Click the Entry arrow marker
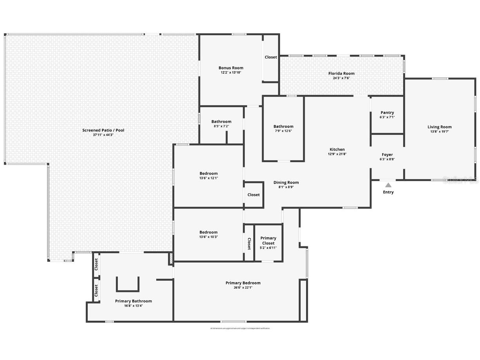388,185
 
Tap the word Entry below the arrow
388,192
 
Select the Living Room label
439,127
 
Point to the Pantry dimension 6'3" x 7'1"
387,117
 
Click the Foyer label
387,155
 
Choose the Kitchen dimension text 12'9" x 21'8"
337,154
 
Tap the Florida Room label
341,73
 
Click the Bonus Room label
231,68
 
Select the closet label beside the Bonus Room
271,57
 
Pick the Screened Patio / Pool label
103,130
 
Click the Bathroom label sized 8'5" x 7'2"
221,121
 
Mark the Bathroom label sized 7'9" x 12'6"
283,127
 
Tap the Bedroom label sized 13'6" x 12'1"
208,174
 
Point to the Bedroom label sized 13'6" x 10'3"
208,232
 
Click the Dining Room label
286,183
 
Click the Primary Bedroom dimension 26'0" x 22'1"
243,288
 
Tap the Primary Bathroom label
133,301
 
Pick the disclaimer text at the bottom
240,328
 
